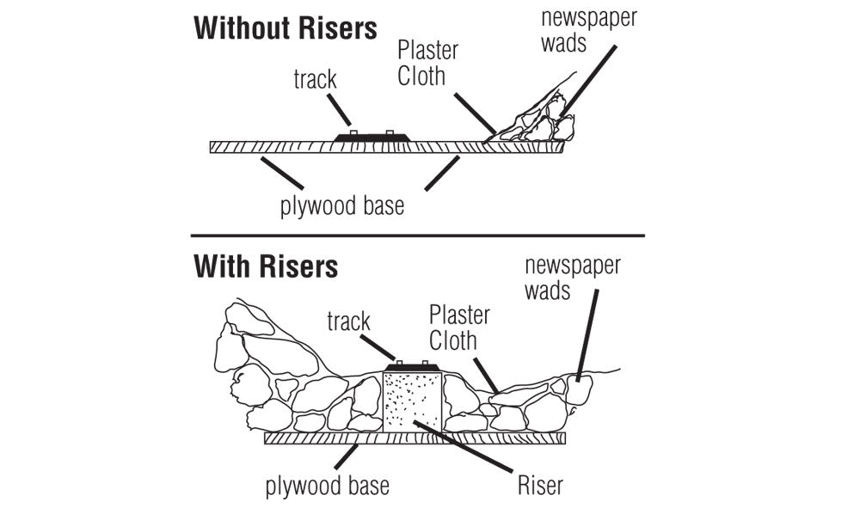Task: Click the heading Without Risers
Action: point(286,28)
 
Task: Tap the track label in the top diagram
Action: point(315,80)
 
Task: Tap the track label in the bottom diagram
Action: point(348,321)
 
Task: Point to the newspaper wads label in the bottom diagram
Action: point(572,277)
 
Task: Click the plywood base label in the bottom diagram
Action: point(327,486)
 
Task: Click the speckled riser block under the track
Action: point(412,401)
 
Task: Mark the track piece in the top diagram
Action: point(372,137)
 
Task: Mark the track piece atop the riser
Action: point(411,367)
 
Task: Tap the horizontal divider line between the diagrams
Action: point(417,235)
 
